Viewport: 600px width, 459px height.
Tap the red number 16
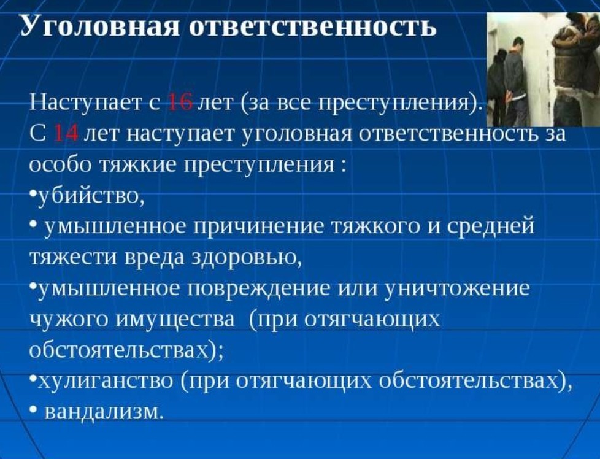(x=180, y=102)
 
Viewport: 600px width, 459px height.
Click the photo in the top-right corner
(x=543, y=69)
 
